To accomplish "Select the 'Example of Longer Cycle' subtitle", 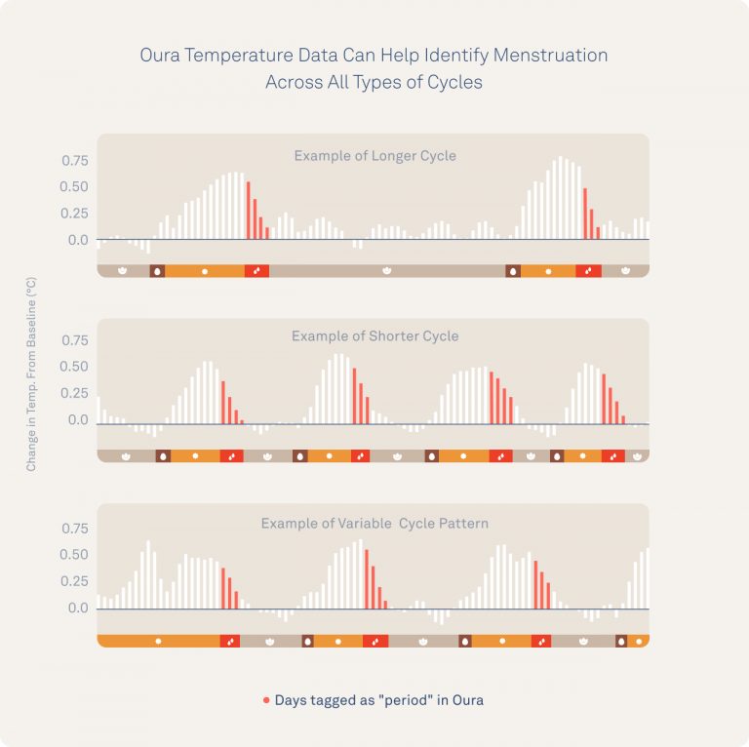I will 374,155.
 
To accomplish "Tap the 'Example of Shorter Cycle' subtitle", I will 374,336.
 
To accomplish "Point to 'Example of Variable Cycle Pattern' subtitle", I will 374,524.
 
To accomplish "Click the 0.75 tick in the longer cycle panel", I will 75,161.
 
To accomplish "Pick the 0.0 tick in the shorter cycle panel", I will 78,420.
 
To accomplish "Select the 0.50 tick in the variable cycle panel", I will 75,555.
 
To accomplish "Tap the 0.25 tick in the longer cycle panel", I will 75,214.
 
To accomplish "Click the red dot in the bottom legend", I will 266,700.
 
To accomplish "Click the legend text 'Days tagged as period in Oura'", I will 378,700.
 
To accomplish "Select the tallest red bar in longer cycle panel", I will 249,210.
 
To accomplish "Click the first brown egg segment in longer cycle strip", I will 157,270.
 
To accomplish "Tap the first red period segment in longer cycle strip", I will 256,270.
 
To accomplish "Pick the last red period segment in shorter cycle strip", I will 612,455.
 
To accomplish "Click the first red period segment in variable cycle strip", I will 229,641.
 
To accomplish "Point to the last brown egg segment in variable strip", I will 621,641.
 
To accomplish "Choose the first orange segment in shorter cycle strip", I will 195,455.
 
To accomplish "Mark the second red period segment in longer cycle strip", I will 588,270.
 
